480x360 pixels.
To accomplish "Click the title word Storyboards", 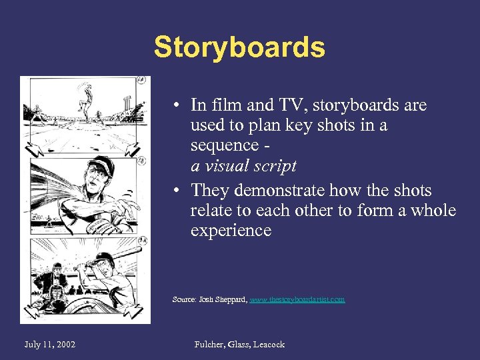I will coord(239,47).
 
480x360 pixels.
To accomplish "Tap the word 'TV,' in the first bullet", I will coord(289,105).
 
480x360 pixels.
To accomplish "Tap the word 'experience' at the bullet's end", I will coord(231,231).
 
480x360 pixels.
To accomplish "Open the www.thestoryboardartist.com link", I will coord(297,299).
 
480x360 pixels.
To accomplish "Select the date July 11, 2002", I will coord(49,344).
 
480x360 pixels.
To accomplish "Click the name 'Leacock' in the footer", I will coord(266,344).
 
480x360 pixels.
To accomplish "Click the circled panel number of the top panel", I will coord(141,81).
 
